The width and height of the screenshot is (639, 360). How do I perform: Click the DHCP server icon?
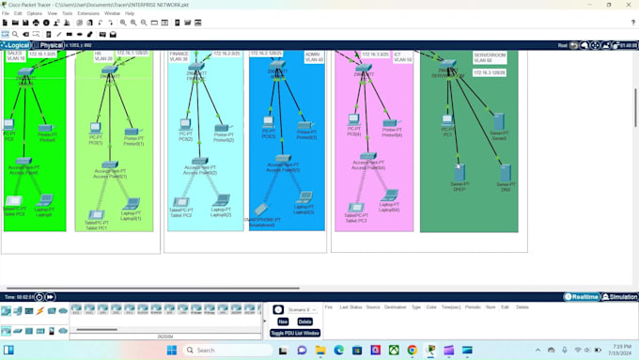click(x=460, y=172)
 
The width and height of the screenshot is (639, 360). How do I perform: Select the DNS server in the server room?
click(x=506, y=172)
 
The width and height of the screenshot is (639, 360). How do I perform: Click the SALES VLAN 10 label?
click(x=15, y=56)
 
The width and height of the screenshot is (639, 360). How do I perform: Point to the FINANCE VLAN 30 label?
click(x=179, y=56)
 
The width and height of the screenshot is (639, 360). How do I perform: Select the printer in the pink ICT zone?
click(x=390, y=123)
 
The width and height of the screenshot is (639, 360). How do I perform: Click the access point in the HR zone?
click(x=110, y=165)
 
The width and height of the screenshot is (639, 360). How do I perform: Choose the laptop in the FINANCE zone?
click(x=221, y=199)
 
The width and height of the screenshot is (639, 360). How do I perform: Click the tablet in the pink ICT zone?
click(x=356, y=208)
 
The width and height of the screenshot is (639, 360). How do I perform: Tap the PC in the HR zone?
click(x=96, y=127)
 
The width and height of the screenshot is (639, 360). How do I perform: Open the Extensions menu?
click(x=88, y=13)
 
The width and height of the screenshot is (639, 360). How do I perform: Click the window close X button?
click(x=629, y=5)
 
